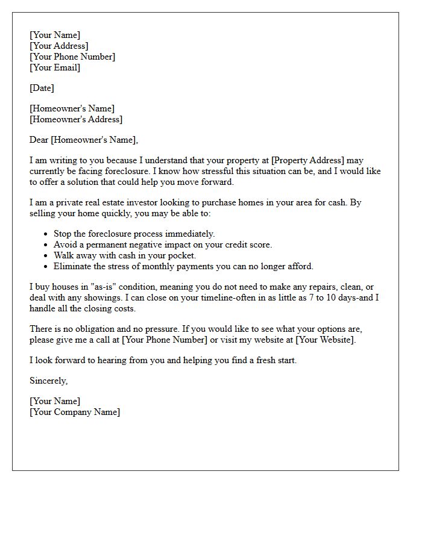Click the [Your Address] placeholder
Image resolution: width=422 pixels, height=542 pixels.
click(x=58, y=46)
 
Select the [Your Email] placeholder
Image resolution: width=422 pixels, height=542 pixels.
click(x=55, y=67)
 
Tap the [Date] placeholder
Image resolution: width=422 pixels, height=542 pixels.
click(x=42, y=88)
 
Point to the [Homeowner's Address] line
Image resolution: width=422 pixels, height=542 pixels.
click(x=76, y=119)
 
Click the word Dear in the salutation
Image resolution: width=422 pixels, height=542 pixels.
click(x=39, y=140)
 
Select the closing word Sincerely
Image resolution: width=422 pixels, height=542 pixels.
click(x=48, y=381)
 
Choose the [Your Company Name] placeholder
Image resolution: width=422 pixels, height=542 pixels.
click(x=75, y=412)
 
